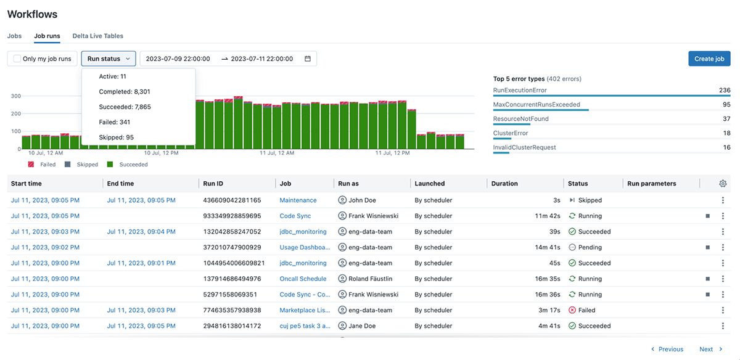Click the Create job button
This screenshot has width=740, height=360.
pyautogui.click(x=709, y=59)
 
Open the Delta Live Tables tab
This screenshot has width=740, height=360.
pyautogui.click(x=97, y=36)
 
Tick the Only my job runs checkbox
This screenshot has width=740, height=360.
pyautogui.click(x=17, y=59)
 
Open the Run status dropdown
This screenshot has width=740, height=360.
pyautogui.click(x=109, y=59)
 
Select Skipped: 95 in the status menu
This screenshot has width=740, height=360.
pyautogui.click(x=116, y=137)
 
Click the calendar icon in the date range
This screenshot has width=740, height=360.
pyautogui.click(x=308, y=59)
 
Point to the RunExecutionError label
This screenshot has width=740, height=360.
pyautogui.click(x=520, y=90)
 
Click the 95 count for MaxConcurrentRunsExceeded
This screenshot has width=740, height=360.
pyautogui.click(x=726, y=105)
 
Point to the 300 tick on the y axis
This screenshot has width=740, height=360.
pyautogui.click(x=15, y=96)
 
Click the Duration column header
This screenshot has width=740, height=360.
pyautogui.click(x=504, y=183)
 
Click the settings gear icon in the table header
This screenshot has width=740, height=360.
pyautogui.click(x=723, y=183)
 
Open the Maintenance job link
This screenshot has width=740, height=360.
pyautogui.click(x=298, y=200)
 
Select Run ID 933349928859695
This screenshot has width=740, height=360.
pyautogui.click(x=232, y=216)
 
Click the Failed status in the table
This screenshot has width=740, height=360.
pyautogui.click(x=582, y=310)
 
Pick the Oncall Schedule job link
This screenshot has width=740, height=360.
pyautogui.click(x=303, y=279)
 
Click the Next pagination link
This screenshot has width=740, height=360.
pyautogui.click(x=707, y=349)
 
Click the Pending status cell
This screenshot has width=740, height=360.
pyautogui.click(x=585, y=247)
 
